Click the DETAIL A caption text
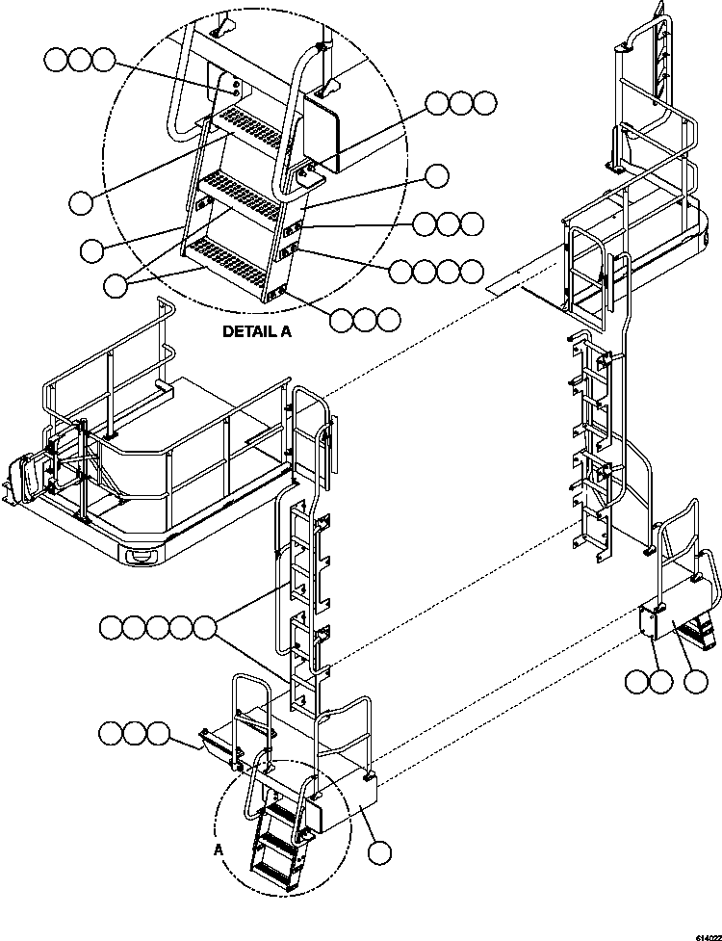pos(257,331)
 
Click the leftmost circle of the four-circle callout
pos(402,272)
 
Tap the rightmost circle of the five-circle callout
pos(204,629)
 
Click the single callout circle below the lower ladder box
pos(382,851)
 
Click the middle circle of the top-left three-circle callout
pos(80,62)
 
